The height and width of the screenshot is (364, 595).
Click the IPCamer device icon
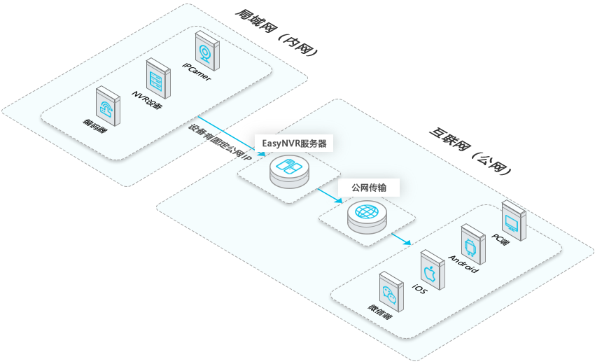pos(206,50)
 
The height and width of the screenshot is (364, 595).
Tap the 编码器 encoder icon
pos(107,106)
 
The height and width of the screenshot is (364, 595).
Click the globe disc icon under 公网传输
pos(366,214)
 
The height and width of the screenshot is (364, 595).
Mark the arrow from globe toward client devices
pos(401,239)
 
